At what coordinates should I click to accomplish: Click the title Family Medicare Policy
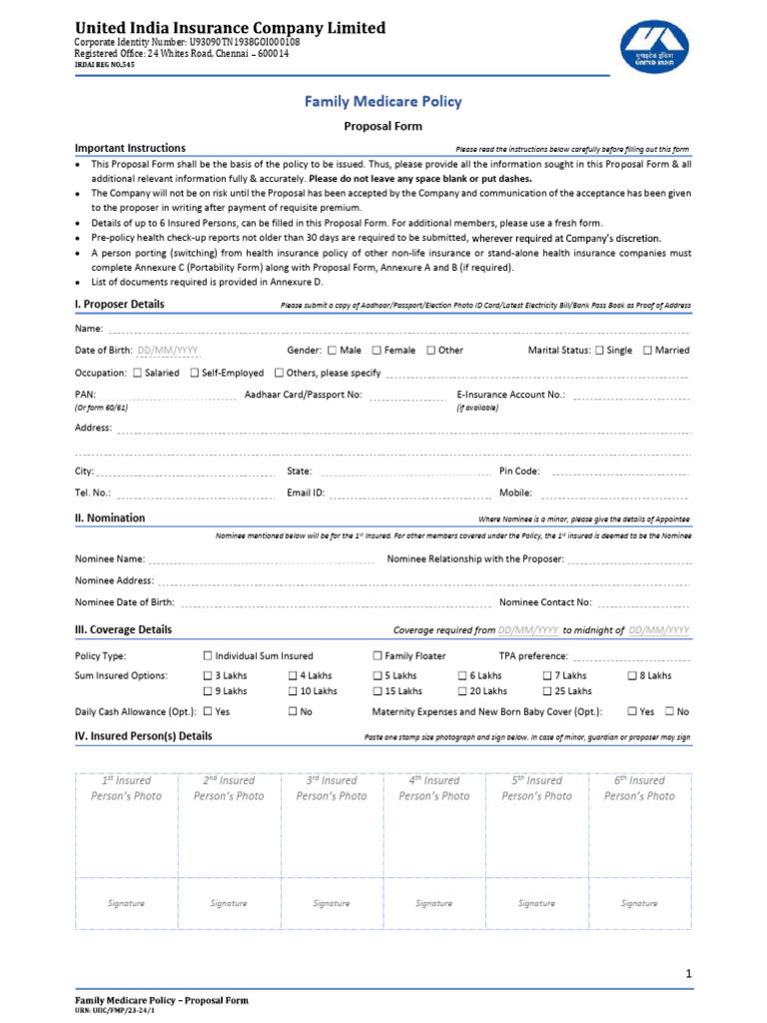click(x=383, y=102)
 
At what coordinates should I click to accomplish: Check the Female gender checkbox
click(x=377, y=351)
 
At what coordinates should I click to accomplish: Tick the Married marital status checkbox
click(x=648, y=351)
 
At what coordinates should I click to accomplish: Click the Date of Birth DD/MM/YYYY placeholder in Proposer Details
click(x=168, y=351)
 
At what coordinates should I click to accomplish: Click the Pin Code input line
click(x=619, y=472)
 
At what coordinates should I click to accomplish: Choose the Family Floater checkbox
click(x=378, y=656)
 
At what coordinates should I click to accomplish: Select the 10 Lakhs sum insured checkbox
click(x=294, y=691)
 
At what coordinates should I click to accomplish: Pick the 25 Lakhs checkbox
click(x=547, y=691)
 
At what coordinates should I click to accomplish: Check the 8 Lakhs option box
click(x=632, y=676)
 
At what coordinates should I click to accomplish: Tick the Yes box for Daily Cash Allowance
click(x=208, y=712)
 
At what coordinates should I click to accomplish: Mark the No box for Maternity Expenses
click(x=670, y=712)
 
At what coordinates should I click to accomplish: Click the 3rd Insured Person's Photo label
click(x=332, y=788)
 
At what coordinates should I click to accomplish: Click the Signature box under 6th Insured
click(x=639, y=903)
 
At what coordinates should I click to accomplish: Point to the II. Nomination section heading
click(x=110, y=518)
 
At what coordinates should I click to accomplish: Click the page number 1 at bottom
click(x=688, y=973)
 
